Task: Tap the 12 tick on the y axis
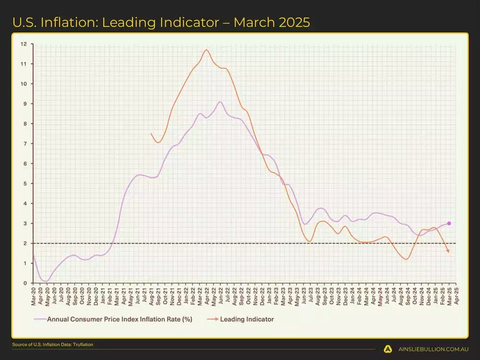click(24, 44)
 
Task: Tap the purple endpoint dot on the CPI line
click(449, 223)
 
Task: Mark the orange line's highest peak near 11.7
click(206, 49)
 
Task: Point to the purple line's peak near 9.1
click(220, 101)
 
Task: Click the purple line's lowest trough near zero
click(46, 281)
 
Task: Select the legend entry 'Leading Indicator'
click(247, 319)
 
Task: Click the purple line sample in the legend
click(39, 319)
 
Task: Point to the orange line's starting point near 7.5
click(151, 133)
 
